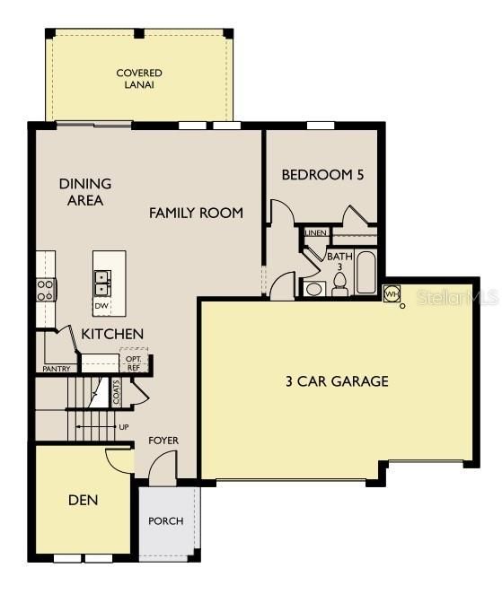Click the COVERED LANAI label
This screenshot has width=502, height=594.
pyautogui.click(x=138, y=78)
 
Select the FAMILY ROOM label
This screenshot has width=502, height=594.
pyautogui.click(x=196, y=213)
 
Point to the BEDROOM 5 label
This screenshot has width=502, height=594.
pyautogui.click(x=322, y=175)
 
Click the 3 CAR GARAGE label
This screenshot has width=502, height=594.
pyautogui.click(x=337, y=381)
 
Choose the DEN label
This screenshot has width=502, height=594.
pyautogui.click(x=83, y=500)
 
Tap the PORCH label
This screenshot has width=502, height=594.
pyautogui.click(x=166, y=520)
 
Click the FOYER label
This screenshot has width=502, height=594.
pyautogui.click(x=163, y=441)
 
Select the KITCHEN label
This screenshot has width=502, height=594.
pyautogui.click(x=112, y=334)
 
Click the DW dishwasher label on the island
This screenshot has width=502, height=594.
pyautogui.click(x=102, y=305)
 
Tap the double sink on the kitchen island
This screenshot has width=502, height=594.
pyautogui.click(x=102, y=284)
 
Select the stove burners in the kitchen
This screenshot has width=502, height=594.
pyautogui.click(x=45, y=289)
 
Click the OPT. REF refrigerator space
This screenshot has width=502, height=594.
pyautogui.click(x=133, y=363)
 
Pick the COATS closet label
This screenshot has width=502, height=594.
pyautogui.click(x=116, y=393)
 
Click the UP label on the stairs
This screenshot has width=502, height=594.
pyautogui.click(x=123, y=426)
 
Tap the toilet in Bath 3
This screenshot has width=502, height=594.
pyautogui.click(x=339, y=284)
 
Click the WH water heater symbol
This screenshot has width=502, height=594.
pyautogui.click(x=392, y=293)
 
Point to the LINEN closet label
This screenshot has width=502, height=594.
pyautogui.click(x=315, y=232)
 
